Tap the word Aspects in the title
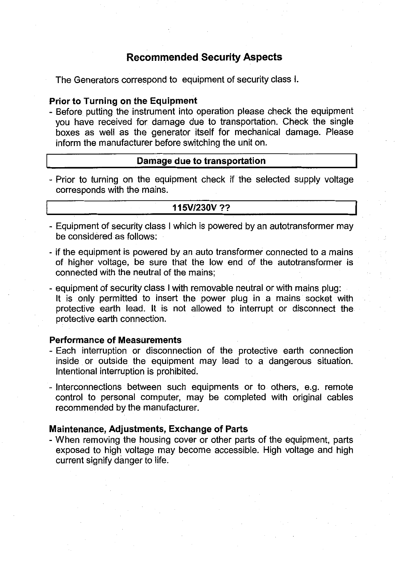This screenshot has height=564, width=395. [x=263, y=57]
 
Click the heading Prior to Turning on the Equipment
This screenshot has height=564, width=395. [x=123, y=101]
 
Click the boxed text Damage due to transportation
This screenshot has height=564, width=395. [x=201, y=161]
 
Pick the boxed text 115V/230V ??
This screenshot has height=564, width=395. [x=201, y=208]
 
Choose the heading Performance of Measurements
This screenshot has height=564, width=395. [x=115, y=340]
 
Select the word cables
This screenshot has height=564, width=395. [x=340, y=398]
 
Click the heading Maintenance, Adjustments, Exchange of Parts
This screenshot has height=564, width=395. [x=149, y=429]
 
